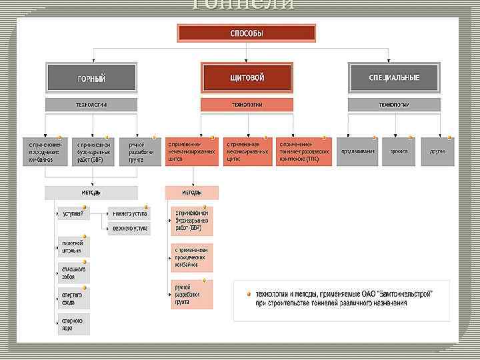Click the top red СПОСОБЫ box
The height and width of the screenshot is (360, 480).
click(246, 33)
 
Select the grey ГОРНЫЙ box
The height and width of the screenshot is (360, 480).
click(91, 77)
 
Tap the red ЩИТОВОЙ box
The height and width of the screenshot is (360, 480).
click(247, 77)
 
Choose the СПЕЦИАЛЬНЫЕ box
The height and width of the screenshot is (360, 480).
click(394, 77)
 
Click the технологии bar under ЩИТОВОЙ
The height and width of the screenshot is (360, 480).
click(247, 105)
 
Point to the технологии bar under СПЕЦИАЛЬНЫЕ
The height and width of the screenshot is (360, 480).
click(394, 105)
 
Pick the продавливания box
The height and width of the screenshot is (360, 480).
click(357, 151)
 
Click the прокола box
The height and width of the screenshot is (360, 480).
click(399, 151)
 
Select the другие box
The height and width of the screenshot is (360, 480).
click(437, 151)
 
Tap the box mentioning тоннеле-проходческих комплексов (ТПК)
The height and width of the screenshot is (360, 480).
click(304, 151)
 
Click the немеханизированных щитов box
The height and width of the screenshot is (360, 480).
click(192, 151)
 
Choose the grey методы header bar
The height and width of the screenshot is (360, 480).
click(91, 193)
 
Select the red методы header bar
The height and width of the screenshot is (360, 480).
click(192, 193)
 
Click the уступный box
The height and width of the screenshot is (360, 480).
click(73, 213)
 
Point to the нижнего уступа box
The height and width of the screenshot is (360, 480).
click(129, 213)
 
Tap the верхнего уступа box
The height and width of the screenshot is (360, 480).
click(129, 229)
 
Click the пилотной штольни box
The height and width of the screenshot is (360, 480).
click(73, 247)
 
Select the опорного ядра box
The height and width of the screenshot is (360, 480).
click(73, 324)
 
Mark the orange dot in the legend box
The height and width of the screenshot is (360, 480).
click(248, 293)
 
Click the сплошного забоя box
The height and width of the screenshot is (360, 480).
click(73, 273)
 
